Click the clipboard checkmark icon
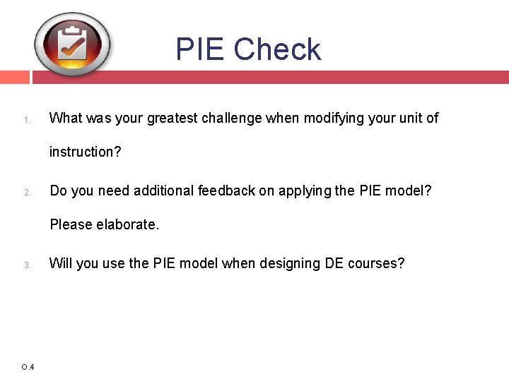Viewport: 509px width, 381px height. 73,44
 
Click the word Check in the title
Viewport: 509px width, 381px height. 277,49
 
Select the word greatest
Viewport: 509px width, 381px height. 172,118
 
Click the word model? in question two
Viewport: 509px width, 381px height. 414,190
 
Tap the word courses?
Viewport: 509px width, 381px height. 375,264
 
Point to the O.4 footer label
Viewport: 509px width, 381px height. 28,367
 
